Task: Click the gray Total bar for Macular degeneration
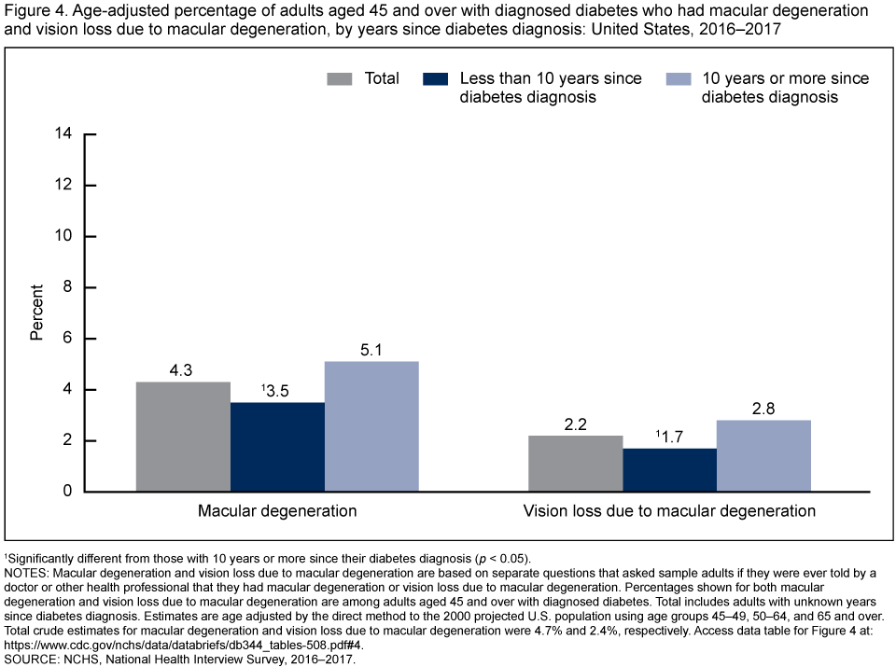pyautogui.click(x=183, y=437)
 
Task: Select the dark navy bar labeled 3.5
pyautogui.click(x=277, y=447)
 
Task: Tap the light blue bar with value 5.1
pyautogui.click(x=371, y=426)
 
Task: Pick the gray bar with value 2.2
pyautogui.click(x=575, y=464)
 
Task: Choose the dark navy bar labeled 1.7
pyautogui.click(x=669, y=470)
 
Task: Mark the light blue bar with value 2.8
pyautogui.click(x=763, y=456)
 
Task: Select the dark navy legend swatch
pyautogui.click(x=441, y=78)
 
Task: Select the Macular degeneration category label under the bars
pyautogui.click(x=277, y=511)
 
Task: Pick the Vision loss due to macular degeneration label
pyautogui.click(x=669, y=511)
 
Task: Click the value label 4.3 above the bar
pyautogui.click(x=183, y=371)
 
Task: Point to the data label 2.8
pyautogui.click(x=763, y=410)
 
